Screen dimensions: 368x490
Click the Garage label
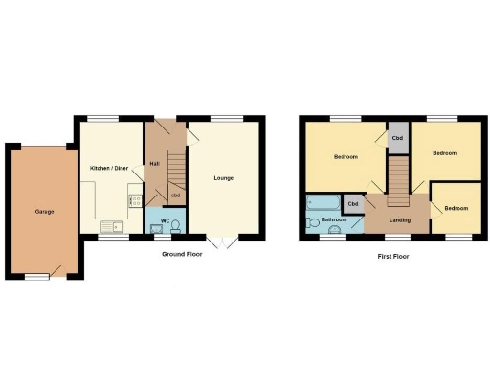pyautogui.click(x=44, y=211)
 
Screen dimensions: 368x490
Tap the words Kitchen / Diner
pyautogui.click(x=109, y=168)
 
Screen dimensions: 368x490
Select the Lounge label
pyautogui.click(x=223, y=178)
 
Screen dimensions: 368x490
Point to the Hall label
pyautogui.click(x=154, y=164)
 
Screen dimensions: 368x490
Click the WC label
pyautogui.click(x=165, y=221)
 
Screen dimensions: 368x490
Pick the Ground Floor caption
pyautogui.click(x=182, y=254)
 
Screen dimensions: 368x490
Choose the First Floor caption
pyautogui.click(x=393, y=256)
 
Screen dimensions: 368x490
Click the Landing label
pyautogui.click(x=400, y=220)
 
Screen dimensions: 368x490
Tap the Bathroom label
pyautogui.click(x=334, y=219)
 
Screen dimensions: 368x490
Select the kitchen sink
pyautogui.click(x=113, y=227)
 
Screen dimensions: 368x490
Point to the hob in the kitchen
pyautogui.click(x=135, y=200)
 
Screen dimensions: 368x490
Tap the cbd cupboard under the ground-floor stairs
pyautogui.click(x=175, y=196)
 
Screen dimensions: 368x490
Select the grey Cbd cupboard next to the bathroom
pyautogui.click(x=353, y=204)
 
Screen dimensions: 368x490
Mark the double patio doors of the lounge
pyautogui.click(x=222, y=241)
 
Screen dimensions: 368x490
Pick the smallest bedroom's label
pyautogui.click(x=456, y=208)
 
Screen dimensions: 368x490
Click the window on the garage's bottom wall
pyautogui.click(x=37, y=277)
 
